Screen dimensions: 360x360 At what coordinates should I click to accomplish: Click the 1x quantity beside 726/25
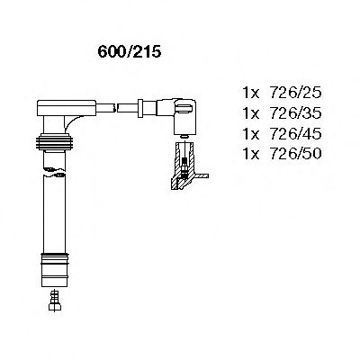click(x=251, y=92)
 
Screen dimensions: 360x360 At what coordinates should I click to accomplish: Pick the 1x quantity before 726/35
click(x=251, y=112)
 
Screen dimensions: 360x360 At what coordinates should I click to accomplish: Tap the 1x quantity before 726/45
click(x=251, y=133)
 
